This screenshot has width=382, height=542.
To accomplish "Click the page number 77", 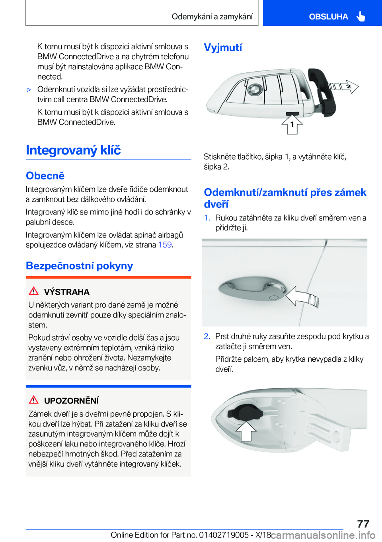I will pyautogui.click(x=363, y=523).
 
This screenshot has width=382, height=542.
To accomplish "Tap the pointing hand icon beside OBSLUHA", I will pyautogui.click(x=361, y=16).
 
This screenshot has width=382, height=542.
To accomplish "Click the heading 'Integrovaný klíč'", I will pyautogui.click(x=73, y=150).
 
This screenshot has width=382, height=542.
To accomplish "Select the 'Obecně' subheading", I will pyautogui.click(x=45, y=175).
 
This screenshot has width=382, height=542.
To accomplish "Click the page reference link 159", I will pyautogui.click(x=165, y=245).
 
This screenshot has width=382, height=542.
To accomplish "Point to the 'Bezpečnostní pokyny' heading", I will pyautogui.click(x=79, y=265).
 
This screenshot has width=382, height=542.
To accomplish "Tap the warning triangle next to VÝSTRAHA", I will pyautogui.click(x=34, y=291).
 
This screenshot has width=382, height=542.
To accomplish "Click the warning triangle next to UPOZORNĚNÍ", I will pyautogui.click(x=34, y=400).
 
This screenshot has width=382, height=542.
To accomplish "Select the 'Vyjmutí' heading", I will pyautogui.click(x=223, y=47).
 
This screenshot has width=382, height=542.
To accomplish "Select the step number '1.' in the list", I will pyautogui.click(x=207, y=218).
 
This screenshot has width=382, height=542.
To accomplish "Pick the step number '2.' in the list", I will pyautogui.click(x=207, y=336).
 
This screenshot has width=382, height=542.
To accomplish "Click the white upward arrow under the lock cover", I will pyautogui.click(x=246, y=430).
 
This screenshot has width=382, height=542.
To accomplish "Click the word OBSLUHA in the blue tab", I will pyautogui.click(x=328, y=17).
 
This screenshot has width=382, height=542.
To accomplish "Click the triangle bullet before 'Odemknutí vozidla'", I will pyautogui.click(x=29, y=90).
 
